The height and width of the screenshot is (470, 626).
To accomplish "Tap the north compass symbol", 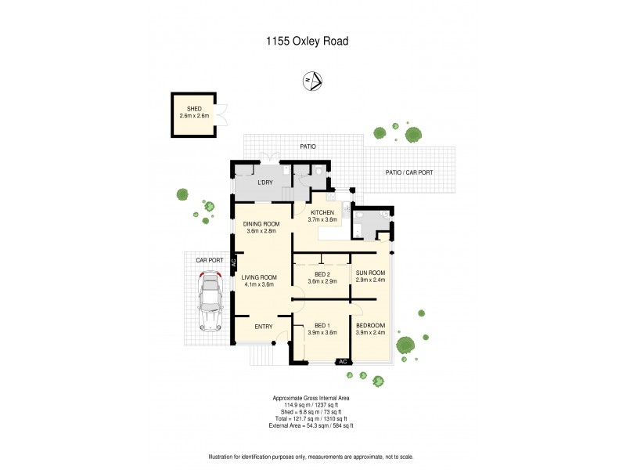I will (x=312, y=80).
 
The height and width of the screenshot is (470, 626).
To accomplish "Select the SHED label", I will (x=193, y=109).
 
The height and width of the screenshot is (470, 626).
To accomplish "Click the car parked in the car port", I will (x=210, y=300).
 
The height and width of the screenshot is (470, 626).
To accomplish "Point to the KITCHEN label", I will (x=322, y=212).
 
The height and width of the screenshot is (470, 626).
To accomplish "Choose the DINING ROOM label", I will (x=261, y=224).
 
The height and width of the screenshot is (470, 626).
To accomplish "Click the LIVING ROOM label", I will (x=259, y=277).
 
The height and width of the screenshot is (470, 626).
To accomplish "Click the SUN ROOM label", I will (x=370, y=273).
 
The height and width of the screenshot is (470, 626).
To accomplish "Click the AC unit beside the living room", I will (x=233, y=265).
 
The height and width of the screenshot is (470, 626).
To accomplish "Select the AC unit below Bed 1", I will (x=343, y=361).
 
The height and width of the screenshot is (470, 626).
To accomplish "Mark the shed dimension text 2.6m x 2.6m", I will (x=193, y=116).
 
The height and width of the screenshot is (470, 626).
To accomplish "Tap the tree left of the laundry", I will (x=182, y=194).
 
